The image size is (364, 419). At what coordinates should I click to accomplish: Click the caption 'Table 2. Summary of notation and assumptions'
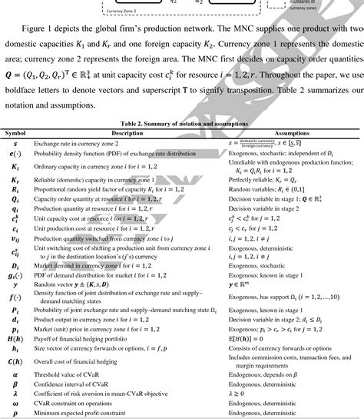tap(182, 124)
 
